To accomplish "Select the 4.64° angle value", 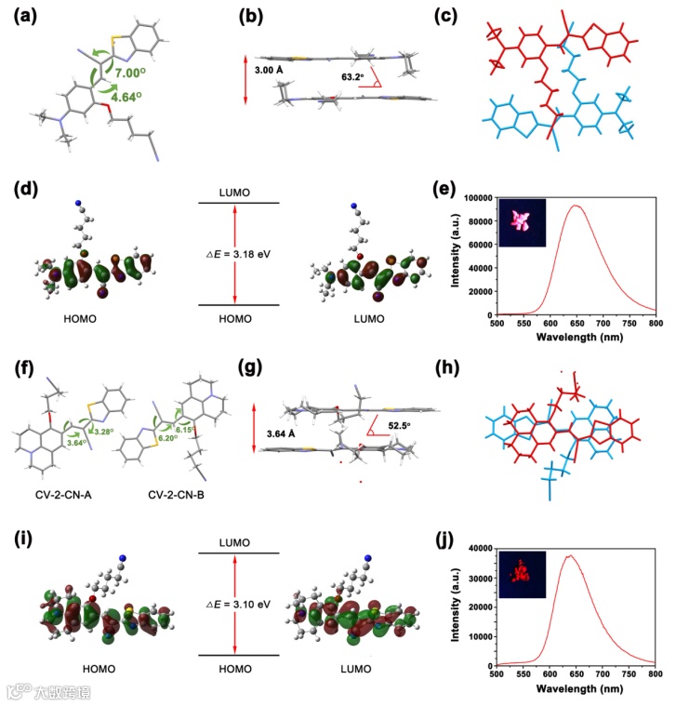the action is point(137,96).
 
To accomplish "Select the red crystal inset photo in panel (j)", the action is point(523,574).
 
